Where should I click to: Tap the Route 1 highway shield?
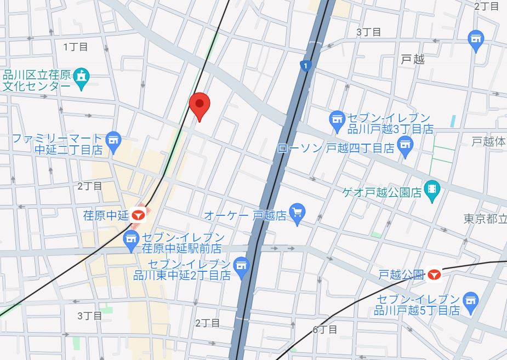point(305,66)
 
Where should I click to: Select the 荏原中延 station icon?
point(138,214)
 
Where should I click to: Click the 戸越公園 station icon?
point(435,274)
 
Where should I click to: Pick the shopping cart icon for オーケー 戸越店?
point(297,213)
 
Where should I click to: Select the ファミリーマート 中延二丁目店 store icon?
point(113,140)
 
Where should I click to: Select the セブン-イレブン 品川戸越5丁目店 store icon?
point(470,300)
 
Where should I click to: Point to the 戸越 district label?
point(413,59)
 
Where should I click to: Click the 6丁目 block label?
point(324,329)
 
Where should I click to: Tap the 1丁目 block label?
point(76,47)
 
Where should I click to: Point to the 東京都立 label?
point(485,219)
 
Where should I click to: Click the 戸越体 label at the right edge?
point(489,141)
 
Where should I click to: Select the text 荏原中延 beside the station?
point(105,215)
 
